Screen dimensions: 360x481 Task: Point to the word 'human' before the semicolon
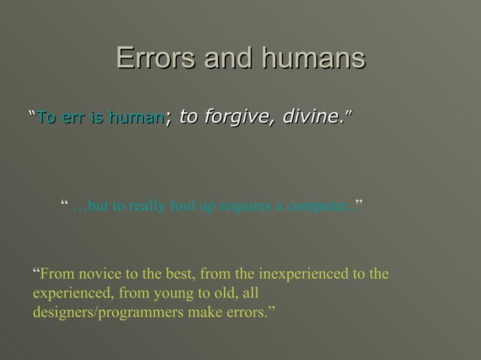(x=136, y=117)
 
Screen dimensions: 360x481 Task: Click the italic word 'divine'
(x=310, y=117)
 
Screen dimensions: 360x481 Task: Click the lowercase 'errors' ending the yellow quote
(x=247, y=313)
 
